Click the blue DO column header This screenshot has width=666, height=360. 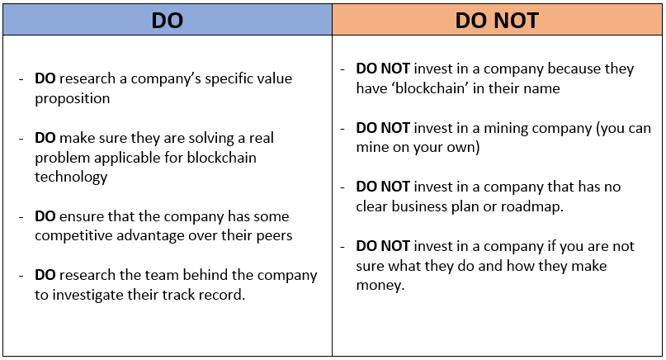coord(168,20)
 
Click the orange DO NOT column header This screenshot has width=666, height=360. coord(497,20)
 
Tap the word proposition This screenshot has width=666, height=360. coord(72,98)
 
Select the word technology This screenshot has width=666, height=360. coord(71,177)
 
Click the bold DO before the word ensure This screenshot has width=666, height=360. coord(45,216)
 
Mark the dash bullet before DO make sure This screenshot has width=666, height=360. coord(21,139)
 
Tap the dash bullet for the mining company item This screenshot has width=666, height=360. coord(342,128)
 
